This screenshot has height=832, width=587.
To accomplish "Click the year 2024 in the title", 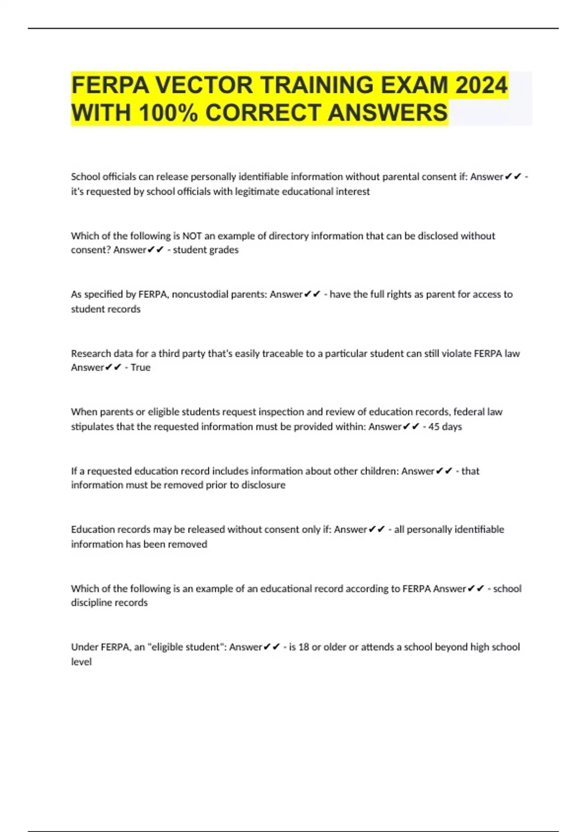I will tap(481, 85).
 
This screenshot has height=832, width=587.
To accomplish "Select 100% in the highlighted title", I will tap(168, 113).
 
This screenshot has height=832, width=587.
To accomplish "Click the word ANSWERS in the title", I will tap(387, 113).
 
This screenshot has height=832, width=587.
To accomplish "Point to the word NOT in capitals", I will tap(192, 236).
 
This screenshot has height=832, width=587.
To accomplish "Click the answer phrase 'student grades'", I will tap(205, 250).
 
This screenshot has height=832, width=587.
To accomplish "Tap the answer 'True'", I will tap(140, 368).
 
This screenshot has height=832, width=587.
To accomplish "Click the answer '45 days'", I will tap(445, 427).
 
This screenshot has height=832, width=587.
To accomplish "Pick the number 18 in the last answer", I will tap(303, 647).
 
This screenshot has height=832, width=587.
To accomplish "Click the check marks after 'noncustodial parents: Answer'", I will tap(312, 295).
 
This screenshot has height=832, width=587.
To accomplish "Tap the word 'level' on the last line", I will tap(81, 662).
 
